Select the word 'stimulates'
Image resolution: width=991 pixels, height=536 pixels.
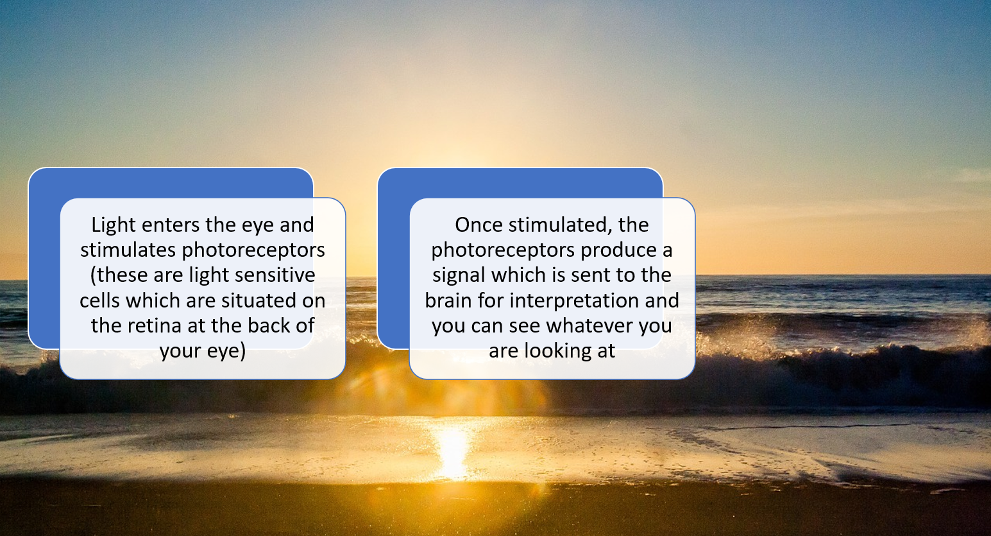[128, 250]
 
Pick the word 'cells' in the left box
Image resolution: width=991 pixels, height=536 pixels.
[99, 300]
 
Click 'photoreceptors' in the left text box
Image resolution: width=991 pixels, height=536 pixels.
[253, 251]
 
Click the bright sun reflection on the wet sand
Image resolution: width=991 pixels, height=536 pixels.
[452, 451]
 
